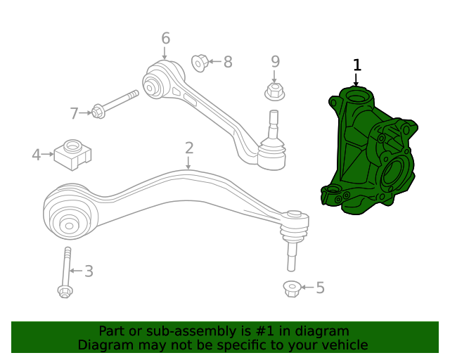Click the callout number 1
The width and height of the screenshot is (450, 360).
click(357, 65)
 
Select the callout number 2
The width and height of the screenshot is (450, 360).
click(189, 148)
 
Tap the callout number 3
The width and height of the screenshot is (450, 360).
click(89, 271)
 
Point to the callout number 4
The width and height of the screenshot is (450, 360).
click(36, 154)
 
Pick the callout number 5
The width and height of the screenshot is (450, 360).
click(320, 288)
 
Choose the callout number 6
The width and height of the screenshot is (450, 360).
click(166, 38)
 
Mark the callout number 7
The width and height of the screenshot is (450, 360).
click(75, 112)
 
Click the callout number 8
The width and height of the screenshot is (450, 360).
click(227, 63)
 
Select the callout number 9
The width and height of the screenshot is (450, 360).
click(275, 62)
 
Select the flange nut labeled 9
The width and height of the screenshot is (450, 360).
click(274, 91)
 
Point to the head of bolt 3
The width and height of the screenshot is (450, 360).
click(65, 290)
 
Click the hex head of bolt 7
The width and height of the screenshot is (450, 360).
click(98, 111)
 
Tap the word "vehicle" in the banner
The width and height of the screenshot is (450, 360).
click(342, 345)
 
